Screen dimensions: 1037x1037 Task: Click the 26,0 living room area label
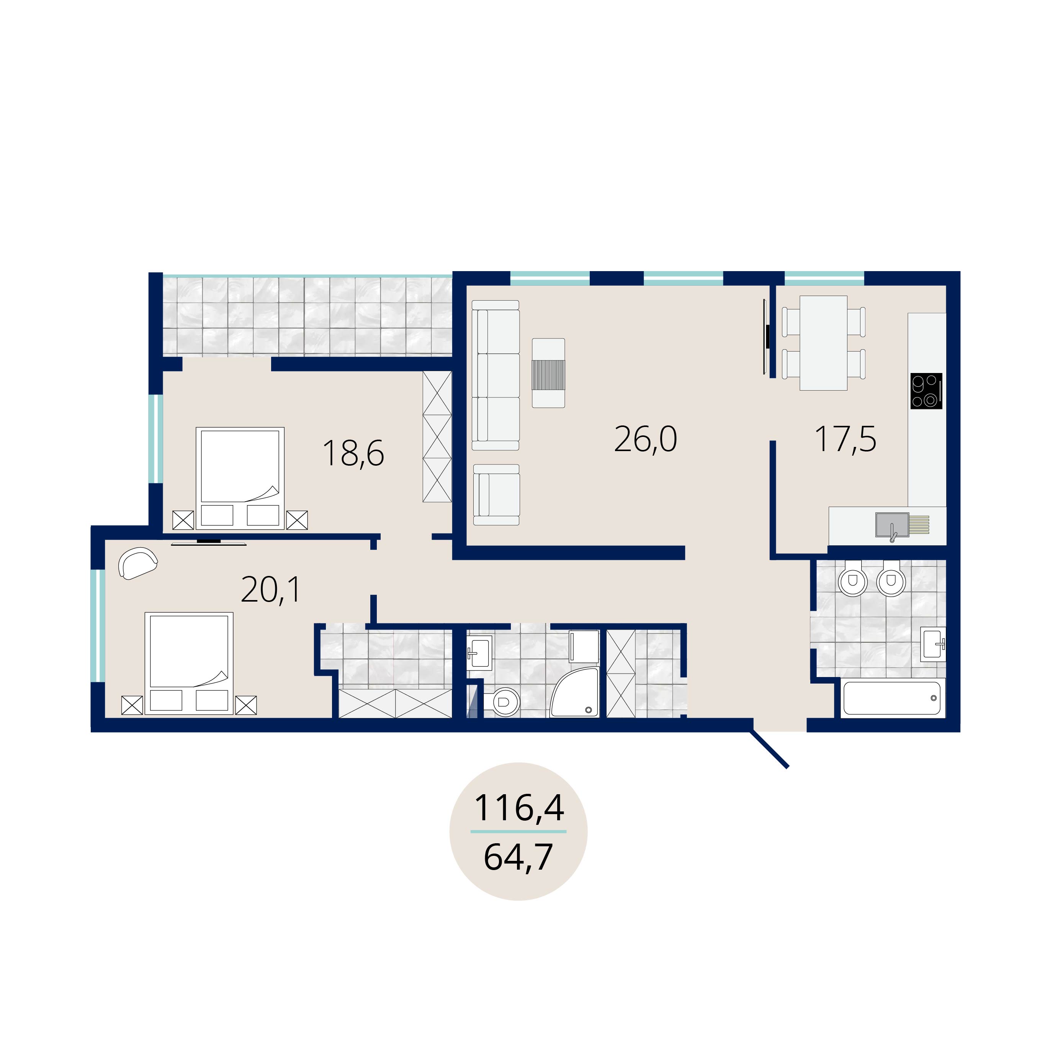(645, 440)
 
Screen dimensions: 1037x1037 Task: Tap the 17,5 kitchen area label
(846, 440)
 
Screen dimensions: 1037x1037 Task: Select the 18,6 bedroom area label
(353, 453)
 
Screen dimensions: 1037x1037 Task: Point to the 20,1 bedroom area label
(271, 589)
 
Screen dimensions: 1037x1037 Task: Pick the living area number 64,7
(518, 857)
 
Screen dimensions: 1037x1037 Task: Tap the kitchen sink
(892, 525)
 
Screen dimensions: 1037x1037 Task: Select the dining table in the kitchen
(823, 343)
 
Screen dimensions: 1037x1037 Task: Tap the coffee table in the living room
(548, 373)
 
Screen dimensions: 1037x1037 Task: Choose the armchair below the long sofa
(497, 495)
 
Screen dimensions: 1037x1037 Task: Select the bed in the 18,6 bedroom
(240, 478)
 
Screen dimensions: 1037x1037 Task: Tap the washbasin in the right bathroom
(933, 644)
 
